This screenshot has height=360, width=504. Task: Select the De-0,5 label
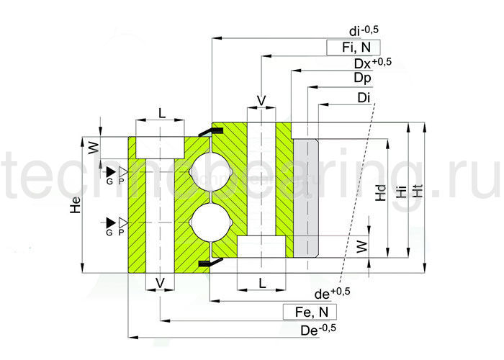click(x=318, y=330)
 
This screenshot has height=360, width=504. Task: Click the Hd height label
click(x=382, y=194)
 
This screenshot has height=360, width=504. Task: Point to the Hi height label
click(x=400, y=192)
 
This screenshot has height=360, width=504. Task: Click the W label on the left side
click(x=92, y=149)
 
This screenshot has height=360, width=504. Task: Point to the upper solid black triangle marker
click(x=109, y=171)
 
